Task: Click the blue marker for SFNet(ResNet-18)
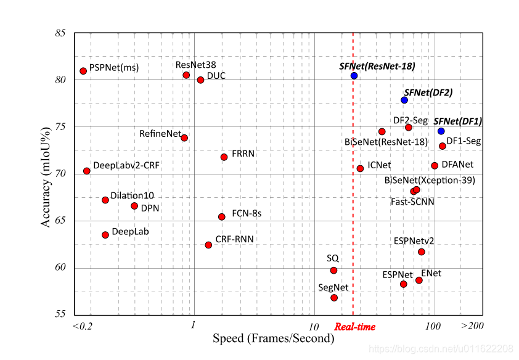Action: pos(354,76)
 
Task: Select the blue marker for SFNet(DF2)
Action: pos(404,100)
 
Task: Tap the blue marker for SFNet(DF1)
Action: pos(441,131)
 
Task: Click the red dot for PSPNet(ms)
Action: pos(83,71)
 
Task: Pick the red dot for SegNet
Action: pos(334,298)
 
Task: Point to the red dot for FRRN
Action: pos(224,157)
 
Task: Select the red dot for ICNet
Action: pos(360,168)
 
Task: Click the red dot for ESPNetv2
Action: pos(422,252)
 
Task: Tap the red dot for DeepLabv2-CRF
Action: pos(87,171)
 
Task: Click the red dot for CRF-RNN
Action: pos(208,245)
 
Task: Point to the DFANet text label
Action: pos(457,165)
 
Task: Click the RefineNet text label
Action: pos(160,133)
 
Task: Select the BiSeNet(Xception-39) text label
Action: pos(429,180)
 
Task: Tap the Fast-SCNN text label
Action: pos(412,202)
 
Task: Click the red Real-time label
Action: pos(354,327)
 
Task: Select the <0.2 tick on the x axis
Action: pos(82,326)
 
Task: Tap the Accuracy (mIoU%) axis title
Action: pos(46,174)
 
